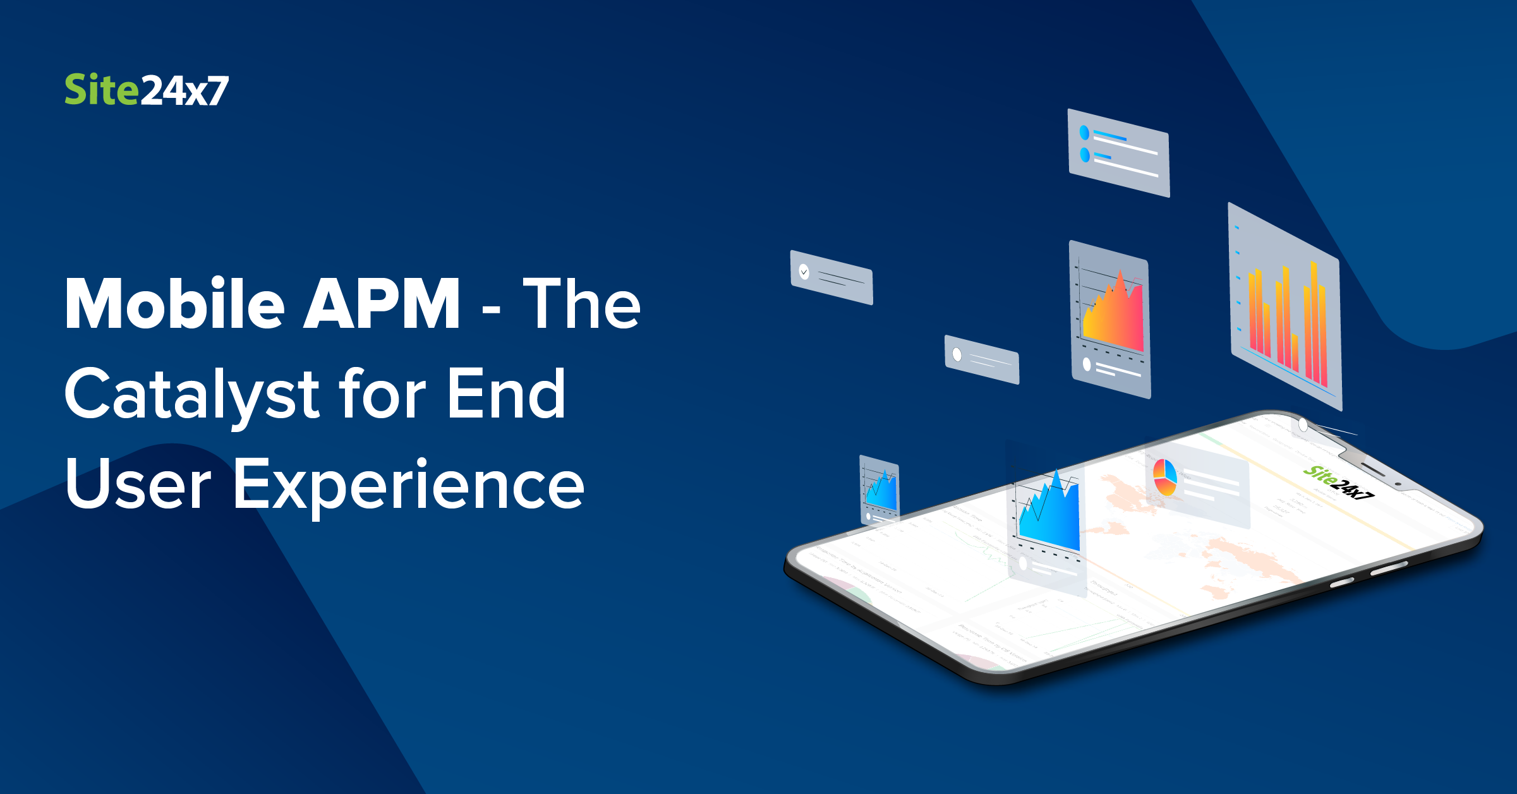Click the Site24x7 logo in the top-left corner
point(147,90)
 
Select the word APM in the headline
point(382,304)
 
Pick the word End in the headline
point(506,394)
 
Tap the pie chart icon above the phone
point(1164,477)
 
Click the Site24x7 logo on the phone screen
point(1339,483)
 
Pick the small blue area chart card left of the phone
point(879,490)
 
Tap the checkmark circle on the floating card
point(804,272)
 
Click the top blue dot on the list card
point(1084,133)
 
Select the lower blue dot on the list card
point(1085,155)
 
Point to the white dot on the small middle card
point(957,354)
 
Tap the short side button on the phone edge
point(1342,582)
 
